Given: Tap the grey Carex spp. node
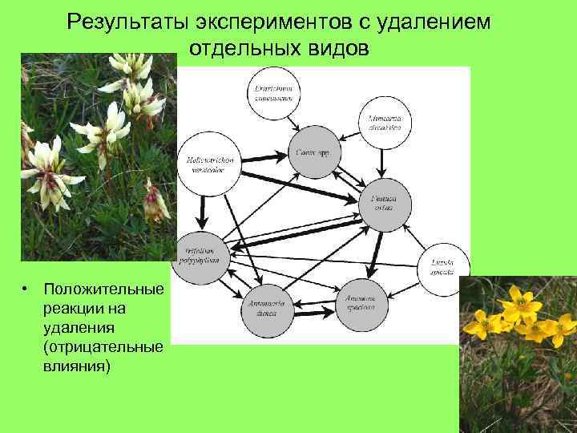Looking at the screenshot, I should (308, 152).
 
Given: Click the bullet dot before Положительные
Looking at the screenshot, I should (26, 289).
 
